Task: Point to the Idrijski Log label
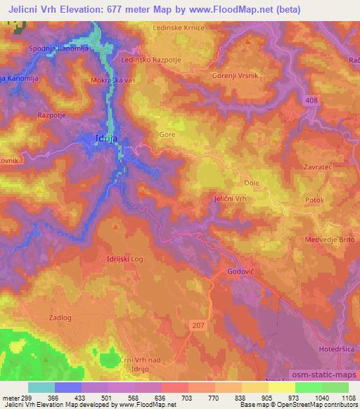tap(124, 259)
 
